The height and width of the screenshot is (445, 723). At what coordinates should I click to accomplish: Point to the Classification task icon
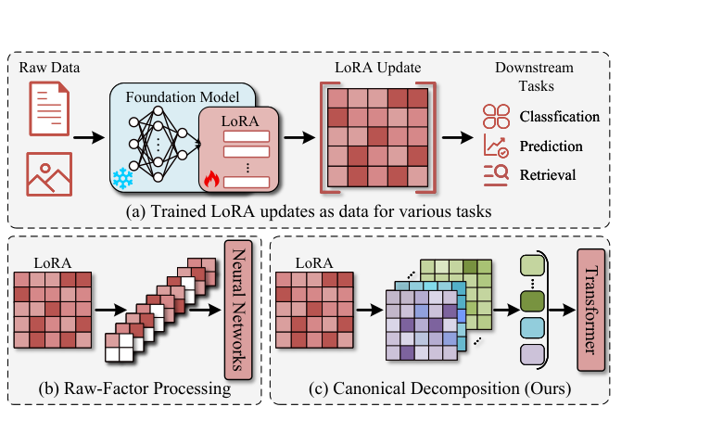496,117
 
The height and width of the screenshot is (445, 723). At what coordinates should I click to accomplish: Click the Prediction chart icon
496,146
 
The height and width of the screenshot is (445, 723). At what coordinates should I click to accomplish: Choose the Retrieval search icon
496,174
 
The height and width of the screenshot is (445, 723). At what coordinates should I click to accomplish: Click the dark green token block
534,302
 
